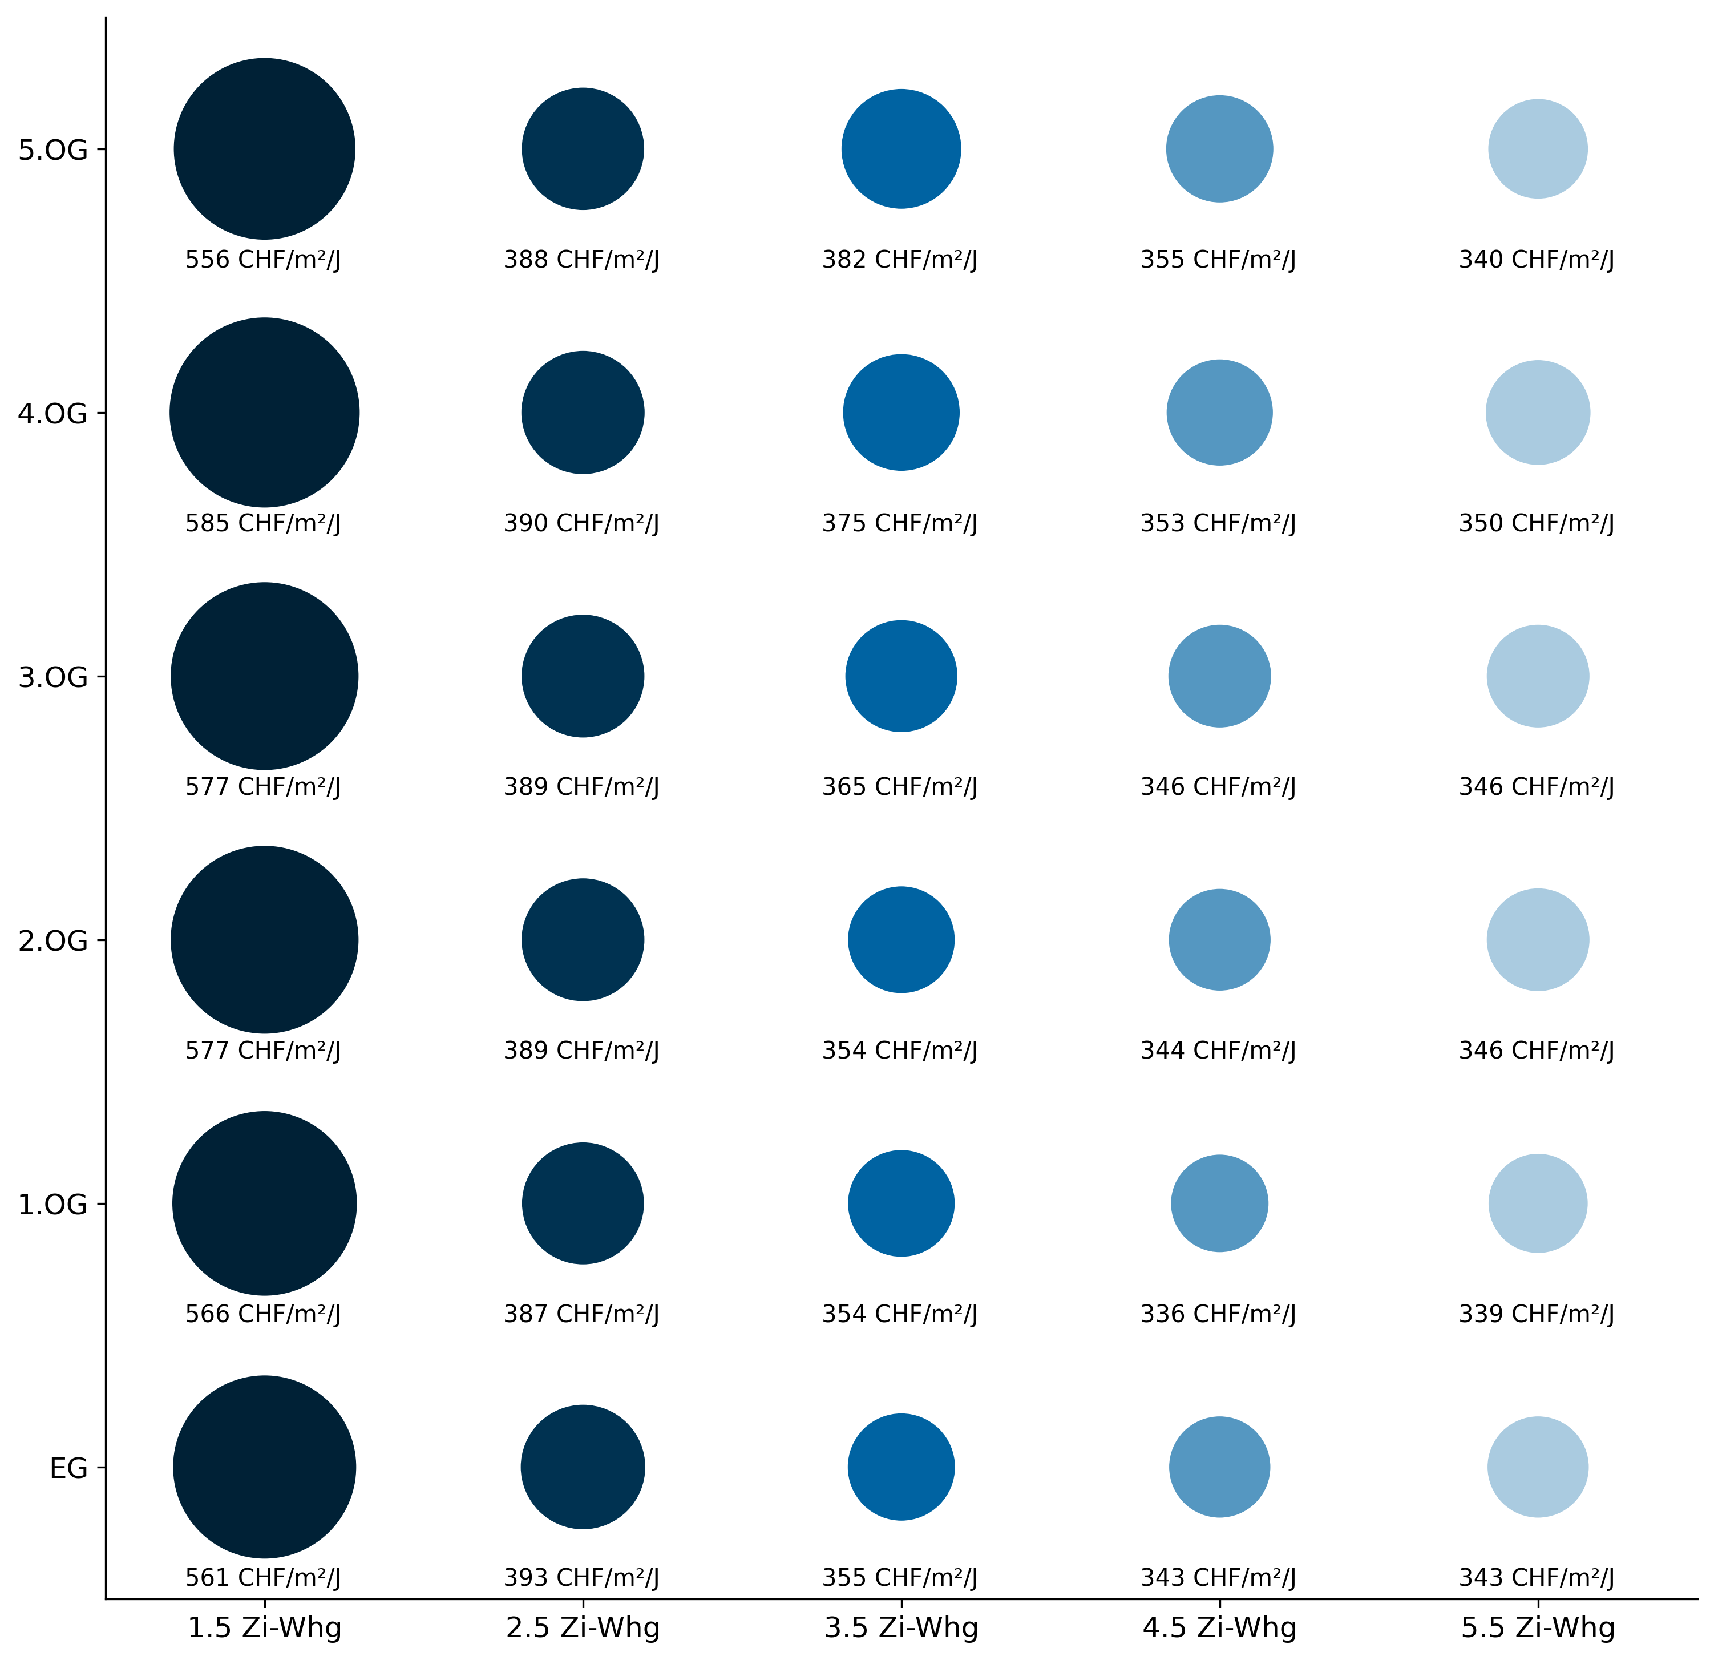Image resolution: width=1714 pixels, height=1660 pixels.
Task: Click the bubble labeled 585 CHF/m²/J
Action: [x=264, y=412]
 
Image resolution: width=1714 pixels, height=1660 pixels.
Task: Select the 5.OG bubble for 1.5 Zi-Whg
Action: [x=264, y=149]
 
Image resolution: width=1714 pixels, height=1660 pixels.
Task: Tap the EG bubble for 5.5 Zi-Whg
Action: [x=1537, y=1467]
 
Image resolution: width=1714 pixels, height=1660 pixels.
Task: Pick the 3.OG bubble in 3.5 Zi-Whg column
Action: [x=901, y=676]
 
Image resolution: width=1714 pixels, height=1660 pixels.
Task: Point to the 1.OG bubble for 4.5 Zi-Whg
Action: [x=1219, y=1203]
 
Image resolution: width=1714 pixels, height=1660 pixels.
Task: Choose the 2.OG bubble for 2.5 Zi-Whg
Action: [x=583, y=940]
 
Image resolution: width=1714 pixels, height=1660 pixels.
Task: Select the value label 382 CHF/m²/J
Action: [x=900, y=260]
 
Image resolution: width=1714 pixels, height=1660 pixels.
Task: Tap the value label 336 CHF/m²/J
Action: [x=1218, y=1314]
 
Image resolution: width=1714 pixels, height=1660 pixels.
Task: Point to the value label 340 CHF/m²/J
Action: [x=1537, y=260]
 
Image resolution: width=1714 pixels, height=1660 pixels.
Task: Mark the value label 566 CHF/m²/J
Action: [x=263, y=1314]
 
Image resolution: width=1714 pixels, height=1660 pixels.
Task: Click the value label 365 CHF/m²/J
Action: [x=900, y=787]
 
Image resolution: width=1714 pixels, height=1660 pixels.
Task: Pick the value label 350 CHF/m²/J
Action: [x=1537, y=523]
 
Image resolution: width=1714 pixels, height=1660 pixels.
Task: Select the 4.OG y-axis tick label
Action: [x=53, y=413]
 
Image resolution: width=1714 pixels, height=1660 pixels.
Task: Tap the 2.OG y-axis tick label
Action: [x=53, y=941]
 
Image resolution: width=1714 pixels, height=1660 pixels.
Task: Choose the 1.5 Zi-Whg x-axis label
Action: [x=264, y=1627]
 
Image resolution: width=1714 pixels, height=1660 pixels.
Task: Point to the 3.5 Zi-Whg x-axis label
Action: [x=901, y=1627]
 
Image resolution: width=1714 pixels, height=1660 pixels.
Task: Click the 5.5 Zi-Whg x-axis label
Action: [x=1537, y=1627]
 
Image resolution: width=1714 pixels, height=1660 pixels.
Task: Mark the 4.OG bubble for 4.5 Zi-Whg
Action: [x=1219, y=412]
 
